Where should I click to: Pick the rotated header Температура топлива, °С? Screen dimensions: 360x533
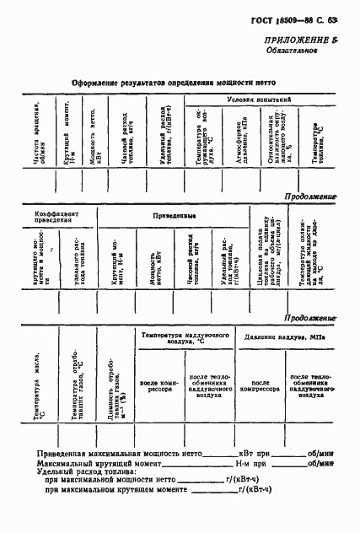click(x=319, y=143)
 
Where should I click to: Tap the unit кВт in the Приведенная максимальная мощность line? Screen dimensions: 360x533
click(x=247, y=453)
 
